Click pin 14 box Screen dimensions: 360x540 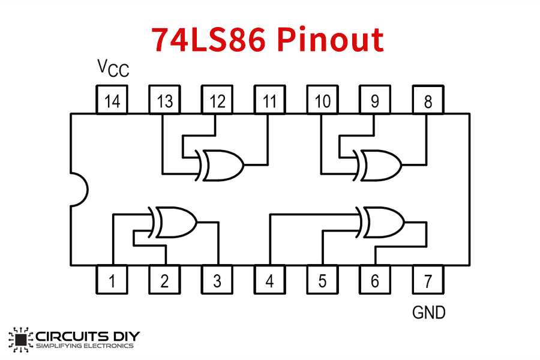point(112,100)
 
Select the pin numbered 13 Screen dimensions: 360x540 point(164,100)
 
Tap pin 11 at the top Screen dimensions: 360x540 point(269,100)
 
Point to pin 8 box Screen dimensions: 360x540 point(427,100)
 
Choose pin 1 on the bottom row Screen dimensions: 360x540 point(112,280)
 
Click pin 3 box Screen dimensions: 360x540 point(217,280)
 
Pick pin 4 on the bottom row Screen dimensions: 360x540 point(269,280)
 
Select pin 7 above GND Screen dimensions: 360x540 point(427,280)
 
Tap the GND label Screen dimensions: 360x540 point(428,312)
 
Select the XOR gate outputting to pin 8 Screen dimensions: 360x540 point(380,164)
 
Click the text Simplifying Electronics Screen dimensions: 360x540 point(85,346)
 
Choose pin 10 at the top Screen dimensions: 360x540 point(322,100)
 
